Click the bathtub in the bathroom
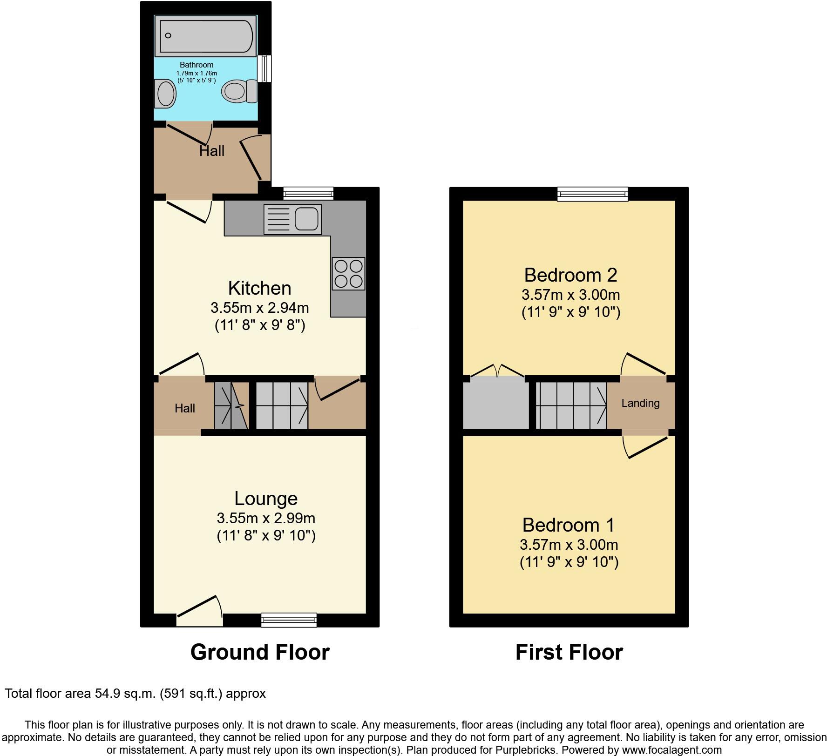(x=206, y=36)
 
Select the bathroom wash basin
(x=165, y=94)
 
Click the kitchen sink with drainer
(x=292, y=219)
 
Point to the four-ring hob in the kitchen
(x=349, y=274)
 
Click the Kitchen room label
(x=259, y=288)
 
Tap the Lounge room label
(x=265, y=499)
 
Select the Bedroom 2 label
(x=570, y=275)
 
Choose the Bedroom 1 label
(x=569, y=525)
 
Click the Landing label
(x=640, y=403)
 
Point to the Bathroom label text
(x=197, y=65)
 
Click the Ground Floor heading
(x=260, y=652)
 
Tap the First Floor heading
(x=569, y=652)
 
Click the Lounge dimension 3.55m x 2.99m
(x=266, y=518)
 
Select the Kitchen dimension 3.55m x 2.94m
(x=260, y=308)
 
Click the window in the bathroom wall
(x=265, y=68)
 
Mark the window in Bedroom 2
(x=593, y=194)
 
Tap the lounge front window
(x=289, y=620)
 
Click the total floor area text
(x=136, y=694)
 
